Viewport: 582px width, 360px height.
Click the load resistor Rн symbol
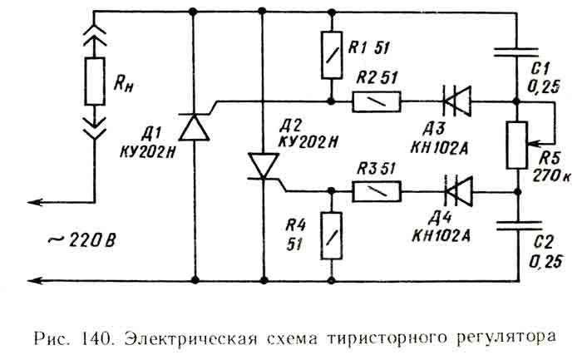(93, 81)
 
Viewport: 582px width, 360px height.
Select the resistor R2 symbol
(377, 102)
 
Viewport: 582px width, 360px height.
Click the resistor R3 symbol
(377, 192)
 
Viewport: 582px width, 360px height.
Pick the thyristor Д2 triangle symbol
(263, 165)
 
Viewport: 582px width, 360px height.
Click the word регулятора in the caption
(506, 339)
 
